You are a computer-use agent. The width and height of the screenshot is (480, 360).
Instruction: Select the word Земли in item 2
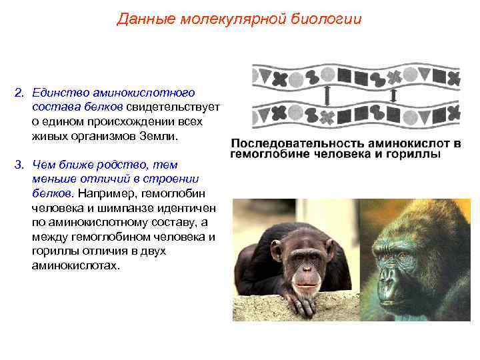point(161,136)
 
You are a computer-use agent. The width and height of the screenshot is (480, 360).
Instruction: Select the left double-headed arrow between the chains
point(327,97)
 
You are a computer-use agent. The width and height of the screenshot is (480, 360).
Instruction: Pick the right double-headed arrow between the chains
point(393,96)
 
